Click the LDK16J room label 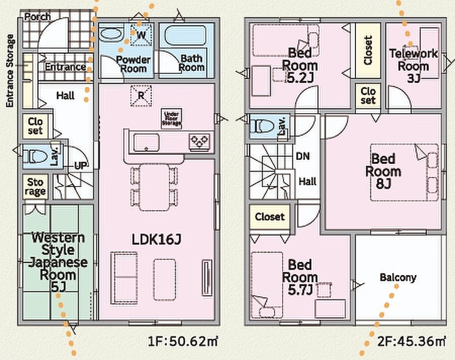pyautogui.click(x=156, y=240)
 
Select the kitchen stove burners pyautogui.click(x=200, y=141)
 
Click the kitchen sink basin pyautogui.click(x=146, y=143)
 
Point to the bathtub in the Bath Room pyautogui.click(x=186, y=36)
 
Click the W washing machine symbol pyautogui.click(x=141, y=35)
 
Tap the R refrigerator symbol pyautogui.click(x=141, y=95)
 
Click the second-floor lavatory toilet pyautogui.click(x=262, y=127)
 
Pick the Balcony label pyautogui.click(x=398, y=277)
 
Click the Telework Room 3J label pyautogui.click(x=414, y=66)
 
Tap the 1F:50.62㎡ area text pyautogui.click(x=183, y=341)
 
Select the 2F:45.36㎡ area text pyautogui.click(x=411, y=341)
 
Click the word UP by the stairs pyautogui.click(x=80, y=166)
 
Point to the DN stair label pyautogui.click(x=303, y=156)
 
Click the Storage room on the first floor pyautogui.click(x=35, y=187)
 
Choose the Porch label pyautogui.click(x=37, y=17)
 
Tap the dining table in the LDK pyautogui.click(x=154, y=187)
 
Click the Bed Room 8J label pyautogui.click(x=383, y=171)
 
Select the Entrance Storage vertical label pyautogui.click(x=10, y=71)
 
